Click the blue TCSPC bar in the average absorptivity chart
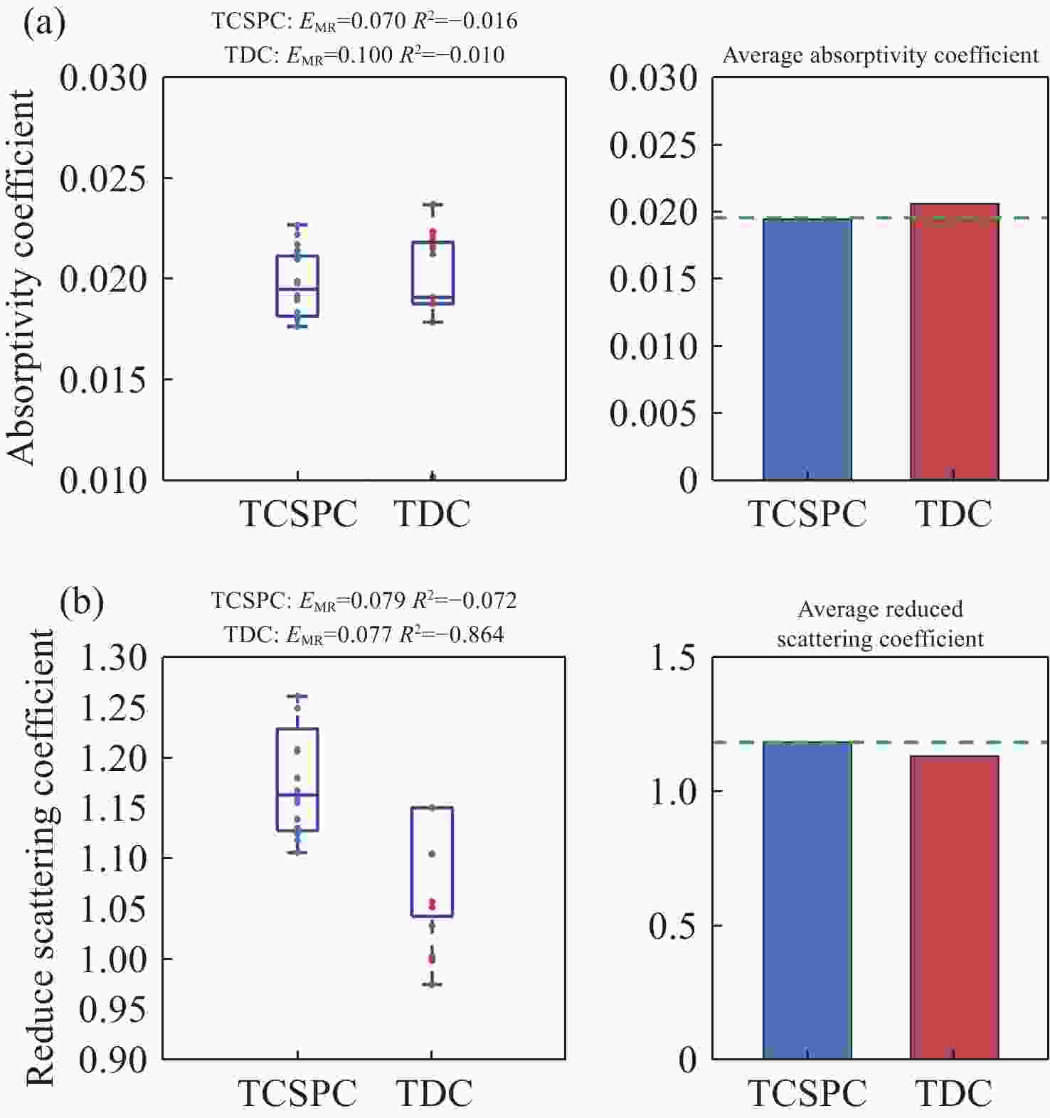click(x=807, y=349)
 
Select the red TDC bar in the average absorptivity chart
click(x=954, y=341)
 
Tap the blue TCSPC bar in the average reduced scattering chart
click(x=807, y=900)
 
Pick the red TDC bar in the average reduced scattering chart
click(x=954, y=907)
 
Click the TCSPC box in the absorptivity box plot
click(x=297, y=286)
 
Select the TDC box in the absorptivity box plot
click(x=433, y=273)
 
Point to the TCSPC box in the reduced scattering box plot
click(x=297, y=779)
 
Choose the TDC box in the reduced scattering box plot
click(x=432, y=862)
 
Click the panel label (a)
click(x=43, y=23)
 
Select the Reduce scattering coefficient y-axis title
click(x=41, y=857)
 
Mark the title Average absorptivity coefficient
click(x=880, y=55)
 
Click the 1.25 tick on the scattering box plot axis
click(x=113, y=708)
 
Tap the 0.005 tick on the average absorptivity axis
click(x=653, y=413)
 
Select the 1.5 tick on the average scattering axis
click(x=672, y=658)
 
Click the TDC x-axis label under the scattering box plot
click(x=434, y=1093)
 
